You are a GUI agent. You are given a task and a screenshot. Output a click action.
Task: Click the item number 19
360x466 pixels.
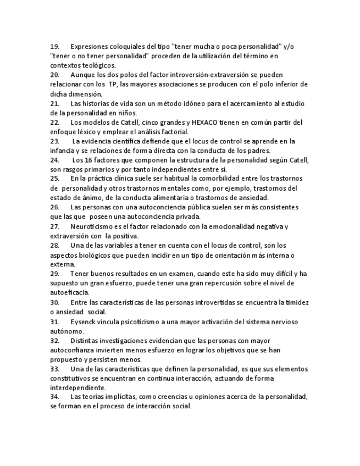(54, 47)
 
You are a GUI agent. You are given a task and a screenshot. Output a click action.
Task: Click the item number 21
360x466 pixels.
(54, 103)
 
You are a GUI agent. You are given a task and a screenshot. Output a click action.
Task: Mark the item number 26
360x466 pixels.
(54, 207)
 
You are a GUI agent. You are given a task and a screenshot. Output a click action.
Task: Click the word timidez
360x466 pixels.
(297, 302)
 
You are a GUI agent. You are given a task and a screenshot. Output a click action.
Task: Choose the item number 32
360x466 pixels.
(54, 340)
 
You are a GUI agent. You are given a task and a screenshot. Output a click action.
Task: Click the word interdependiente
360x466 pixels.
(77, 387)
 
